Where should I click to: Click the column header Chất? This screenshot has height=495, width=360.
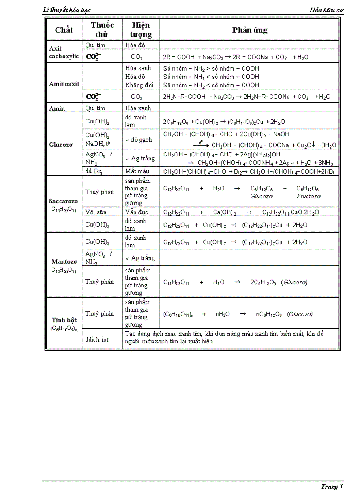click(64, 30)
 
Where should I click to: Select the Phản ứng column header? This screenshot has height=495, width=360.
click(250, 30)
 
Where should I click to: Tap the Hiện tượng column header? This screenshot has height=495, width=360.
click(141, 30)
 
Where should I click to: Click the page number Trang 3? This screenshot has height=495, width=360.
click(331, 487)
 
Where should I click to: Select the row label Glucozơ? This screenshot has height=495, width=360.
click(61, 144)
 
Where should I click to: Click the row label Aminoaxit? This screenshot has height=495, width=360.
click(64, 83)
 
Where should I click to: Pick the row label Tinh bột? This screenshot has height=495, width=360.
click(64, 320)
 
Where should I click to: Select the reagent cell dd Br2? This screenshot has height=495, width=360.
click(95, 171)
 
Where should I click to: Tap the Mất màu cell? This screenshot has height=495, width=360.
click(137, 171)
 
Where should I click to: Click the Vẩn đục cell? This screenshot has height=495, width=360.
click(136, 212)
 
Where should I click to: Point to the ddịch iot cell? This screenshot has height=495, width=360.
click(97, 339)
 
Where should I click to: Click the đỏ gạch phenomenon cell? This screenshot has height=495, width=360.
click(138, 140)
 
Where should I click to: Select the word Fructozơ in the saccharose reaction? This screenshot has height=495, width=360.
click(309, 196)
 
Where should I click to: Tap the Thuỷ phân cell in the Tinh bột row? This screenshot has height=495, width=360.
click(99, 313)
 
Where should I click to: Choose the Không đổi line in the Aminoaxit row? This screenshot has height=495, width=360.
click(139, 85)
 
